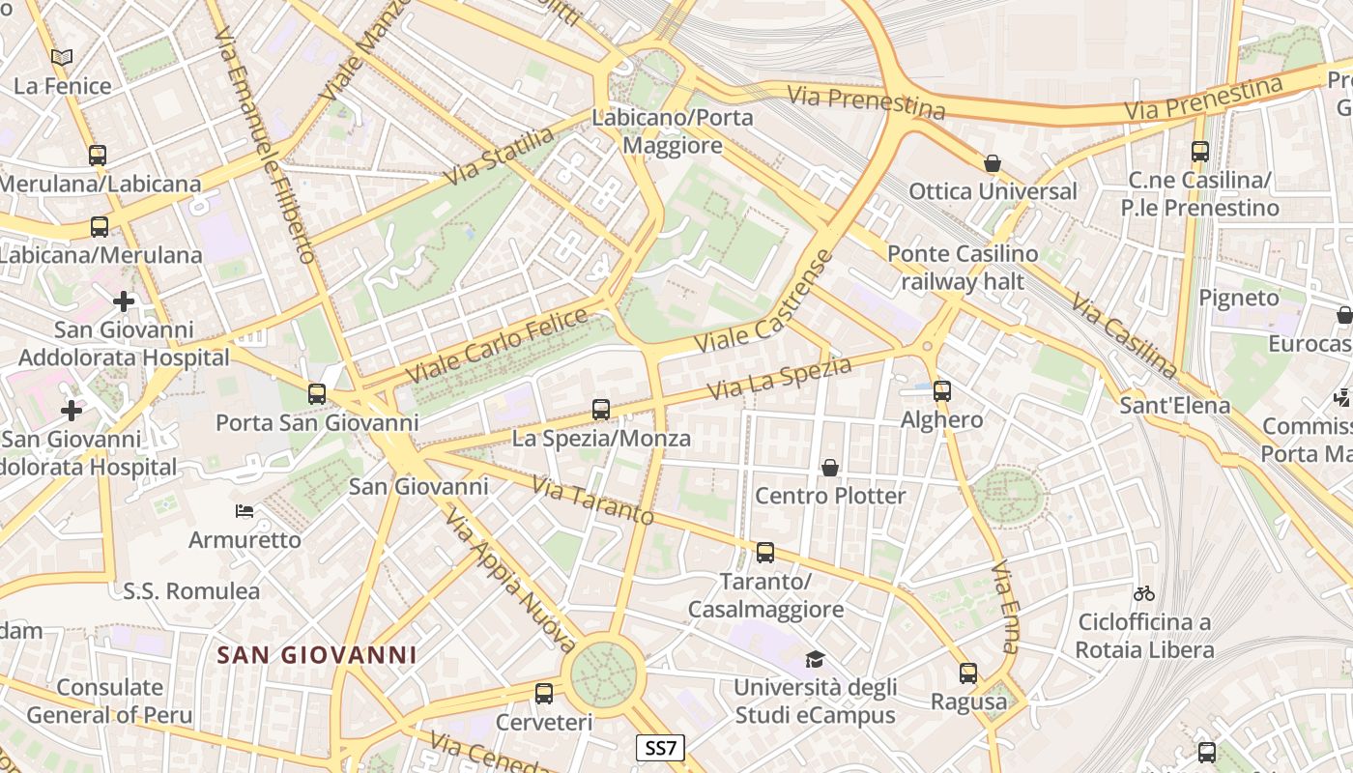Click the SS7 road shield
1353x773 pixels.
661,747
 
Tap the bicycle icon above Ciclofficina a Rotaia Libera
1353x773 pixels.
1144,593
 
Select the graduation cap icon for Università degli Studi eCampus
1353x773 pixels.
815,660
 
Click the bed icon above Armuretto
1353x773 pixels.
245,511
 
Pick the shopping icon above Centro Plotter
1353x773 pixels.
829,469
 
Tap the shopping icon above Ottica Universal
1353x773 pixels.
992,163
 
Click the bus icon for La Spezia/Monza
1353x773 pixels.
601,410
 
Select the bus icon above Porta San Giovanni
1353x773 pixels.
317,394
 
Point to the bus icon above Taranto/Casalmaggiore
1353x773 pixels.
765,553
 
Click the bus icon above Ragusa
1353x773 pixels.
968,673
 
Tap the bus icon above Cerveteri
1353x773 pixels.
544,694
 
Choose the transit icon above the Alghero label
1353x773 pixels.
941,391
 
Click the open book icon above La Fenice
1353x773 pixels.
63,58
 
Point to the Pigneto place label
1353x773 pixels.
1238,298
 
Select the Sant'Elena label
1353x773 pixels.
1174,405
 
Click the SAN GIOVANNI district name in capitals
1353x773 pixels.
317,655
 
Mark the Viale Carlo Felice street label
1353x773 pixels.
496,345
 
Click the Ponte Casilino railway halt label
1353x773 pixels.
963,268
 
